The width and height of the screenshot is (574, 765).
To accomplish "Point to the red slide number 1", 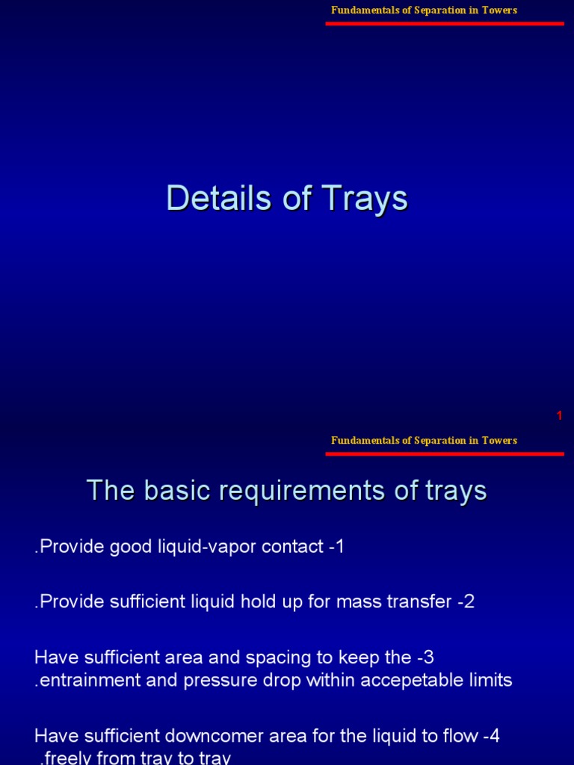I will pos(559,416).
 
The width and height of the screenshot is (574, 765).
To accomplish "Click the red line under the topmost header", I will pos(444,23).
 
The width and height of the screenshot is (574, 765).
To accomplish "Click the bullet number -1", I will pos(336,546).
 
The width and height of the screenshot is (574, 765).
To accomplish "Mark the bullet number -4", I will pos(490,736).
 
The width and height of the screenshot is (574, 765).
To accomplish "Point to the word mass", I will pos(365,602).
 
